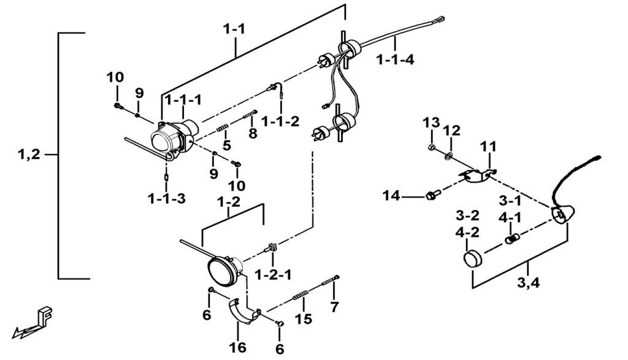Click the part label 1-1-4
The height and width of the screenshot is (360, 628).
396,59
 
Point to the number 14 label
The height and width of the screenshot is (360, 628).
391,196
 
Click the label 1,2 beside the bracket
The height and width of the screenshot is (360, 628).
29,155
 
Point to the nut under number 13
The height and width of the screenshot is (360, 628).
432,148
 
